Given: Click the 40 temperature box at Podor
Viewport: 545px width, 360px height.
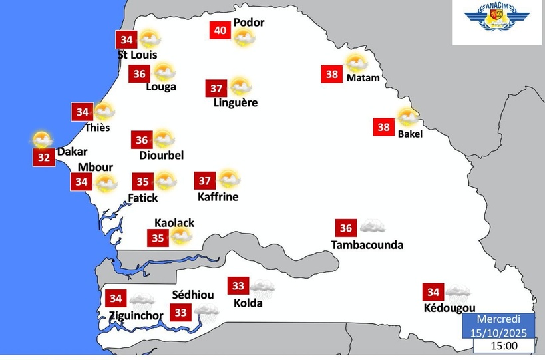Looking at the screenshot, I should point(220,31).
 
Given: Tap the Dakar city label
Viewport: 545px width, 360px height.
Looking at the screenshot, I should point(72,152).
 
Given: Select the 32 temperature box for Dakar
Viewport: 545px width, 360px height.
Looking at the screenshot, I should point(43,158).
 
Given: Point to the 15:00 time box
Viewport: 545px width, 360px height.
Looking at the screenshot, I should point(504,346).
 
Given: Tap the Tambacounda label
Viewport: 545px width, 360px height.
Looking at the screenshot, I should point(367,245).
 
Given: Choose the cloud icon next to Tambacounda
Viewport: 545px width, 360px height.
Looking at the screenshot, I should point(372,227).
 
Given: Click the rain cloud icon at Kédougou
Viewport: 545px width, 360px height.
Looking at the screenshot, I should point(458,291).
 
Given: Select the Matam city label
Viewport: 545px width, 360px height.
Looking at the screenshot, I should point(363,78).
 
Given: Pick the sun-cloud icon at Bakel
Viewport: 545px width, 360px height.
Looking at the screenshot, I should point(408,117).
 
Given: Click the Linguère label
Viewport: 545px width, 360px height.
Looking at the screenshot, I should point(236,103).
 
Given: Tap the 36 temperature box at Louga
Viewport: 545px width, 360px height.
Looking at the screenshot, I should point(139,74).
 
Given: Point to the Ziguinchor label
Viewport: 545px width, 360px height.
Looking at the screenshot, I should point(136,315).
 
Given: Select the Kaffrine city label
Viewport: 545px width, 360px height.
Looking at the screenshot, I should point(218,197).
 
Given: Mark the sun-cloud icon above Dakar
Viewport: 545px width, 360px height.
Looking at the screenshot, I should point(42,139).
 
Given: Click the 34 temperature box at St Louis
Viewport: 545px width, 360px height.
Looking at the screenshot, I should point(126,39).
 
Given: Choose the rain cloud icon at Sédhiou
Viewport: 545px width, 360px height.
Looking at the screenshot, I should point(207,310).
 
